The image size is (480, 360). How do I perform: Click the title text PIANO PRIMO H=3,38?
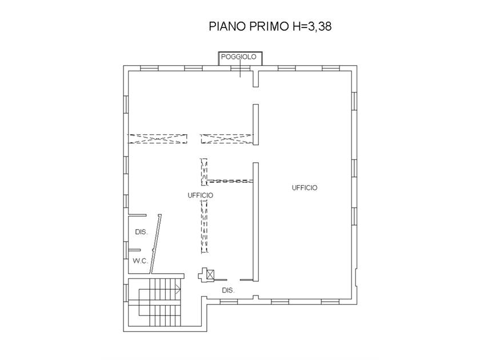270,26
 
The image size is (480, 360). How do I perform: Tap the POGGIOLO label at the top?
238,57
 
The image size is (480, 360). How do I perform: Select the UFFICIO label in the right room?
305,188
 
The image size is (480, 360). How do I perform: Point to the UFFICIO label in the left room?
201,195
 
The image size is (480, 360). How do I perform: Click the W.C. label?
140,261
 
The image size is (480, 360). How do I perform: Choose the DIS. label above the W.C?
141,232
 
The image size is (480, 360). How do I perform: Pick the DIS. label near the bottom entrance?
228,290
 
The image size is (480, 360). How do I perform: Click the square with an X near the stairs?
210,274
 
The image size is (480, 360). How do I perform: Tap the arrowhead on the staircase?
178,289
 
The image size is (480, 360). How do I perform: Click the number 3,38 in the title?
319,26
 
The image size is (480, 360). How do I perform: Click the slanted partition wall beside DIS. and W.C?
155,245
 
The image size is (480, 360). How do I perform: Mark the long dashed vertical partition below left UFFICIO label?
204,226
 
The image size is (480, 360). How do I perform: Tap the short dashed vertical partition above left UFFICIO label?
204,172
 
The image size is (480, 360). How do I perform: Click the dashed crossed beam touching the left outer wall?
157,139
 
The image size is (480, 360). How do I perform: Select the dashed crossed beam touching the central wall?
227,139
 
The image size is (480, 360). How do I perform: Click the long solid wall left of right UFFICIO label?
255,222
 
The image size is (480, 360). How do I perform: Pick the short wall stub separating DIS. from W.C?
134,250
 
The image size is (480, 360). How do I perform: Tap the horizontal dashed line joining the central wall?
230,181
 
